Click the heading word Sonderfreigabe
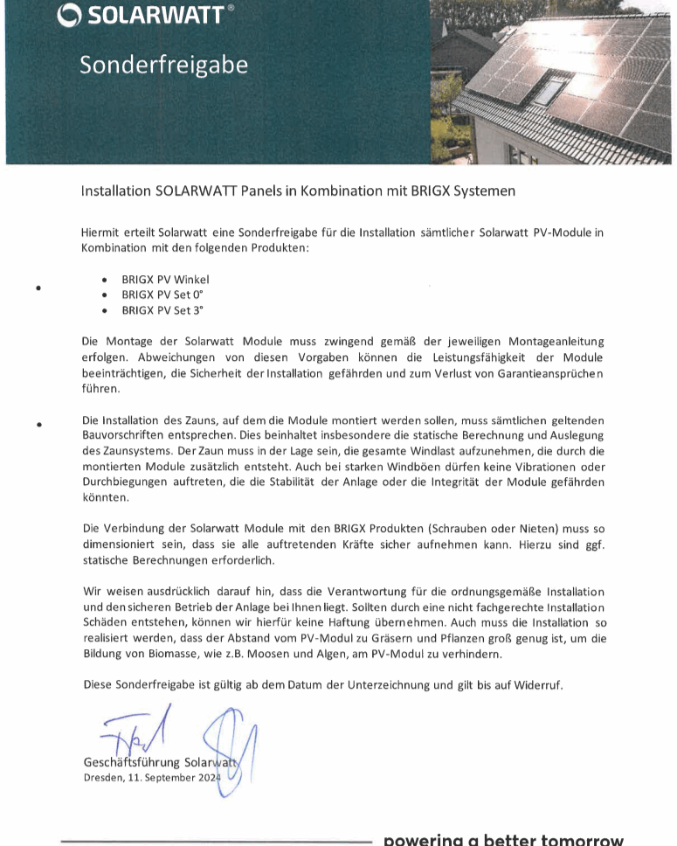tap(163, 65)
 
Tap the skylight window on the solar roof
tap(549, 88)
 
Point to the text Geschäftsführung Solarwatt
tap(161, 761)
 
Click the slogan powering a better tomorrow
tap(504, 839)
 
